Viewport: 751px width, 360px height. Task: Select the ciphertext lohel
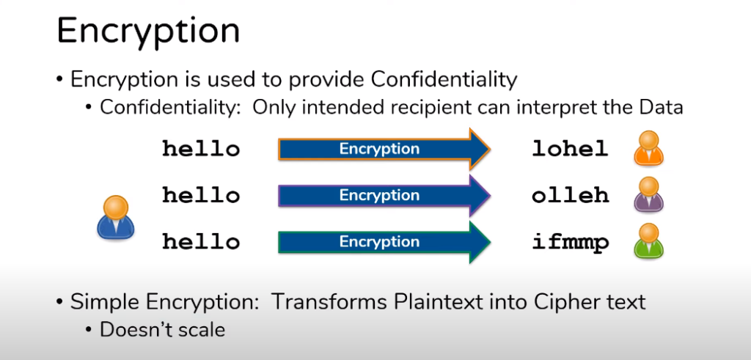(570, 149)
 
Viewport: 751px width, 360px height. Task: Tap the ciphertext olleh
(570, 195)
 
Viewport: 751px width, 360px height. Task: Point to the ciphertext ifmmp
(570, 243)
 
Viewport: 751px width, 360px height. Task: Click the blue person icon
(115, 217)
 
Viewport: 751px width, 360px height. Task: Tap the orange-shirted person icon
(648, 148)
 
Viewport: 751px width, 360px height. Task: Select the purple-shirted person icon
(648, 194)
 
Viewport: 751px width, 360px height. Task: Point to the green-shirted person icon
(648, 240)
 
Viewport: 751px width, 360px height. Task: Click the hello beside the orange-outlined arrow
(201, 149)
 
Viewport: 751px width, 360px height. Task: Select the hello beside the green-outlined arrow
(201, 242)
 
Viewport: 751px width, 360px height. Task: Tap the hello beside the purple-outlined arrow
(201, 195)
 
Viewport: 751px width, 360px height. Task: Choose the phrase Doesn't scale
(162, 330)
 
